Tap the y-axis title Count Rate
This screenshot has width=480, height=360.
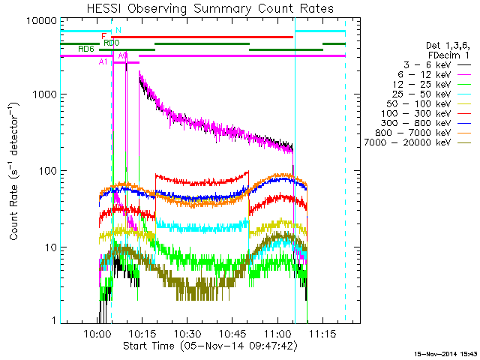(x=14, y=170)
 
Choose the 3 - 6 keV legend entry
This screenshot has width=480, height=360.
(x=424, y=65)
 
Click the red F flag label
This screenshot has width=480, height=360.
(x=104, y=36)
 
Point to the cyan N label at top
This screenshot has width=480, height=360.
(x=118, y=30)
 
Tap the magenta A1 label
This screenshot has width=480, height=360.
(x=103, y=62)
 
